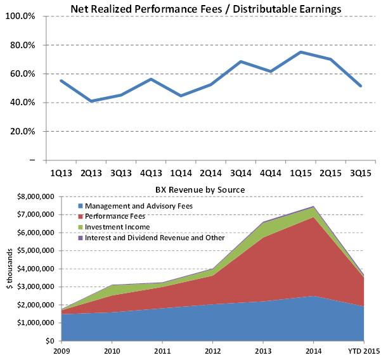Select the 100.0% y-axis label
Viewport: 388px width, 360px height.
coord(23,16)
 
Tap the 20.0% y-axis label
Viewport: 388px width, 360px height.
coord(24,131)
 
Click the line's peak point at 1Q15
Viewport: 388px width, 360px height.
coord(301,52)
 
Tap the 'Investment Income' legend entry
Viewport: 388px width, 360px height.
coord(114,226)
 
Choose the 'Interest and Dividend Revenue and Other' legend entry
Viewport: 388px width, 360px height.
coord(153,237)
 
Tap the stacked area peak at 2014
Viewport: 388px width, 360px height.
coord(313,207)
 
